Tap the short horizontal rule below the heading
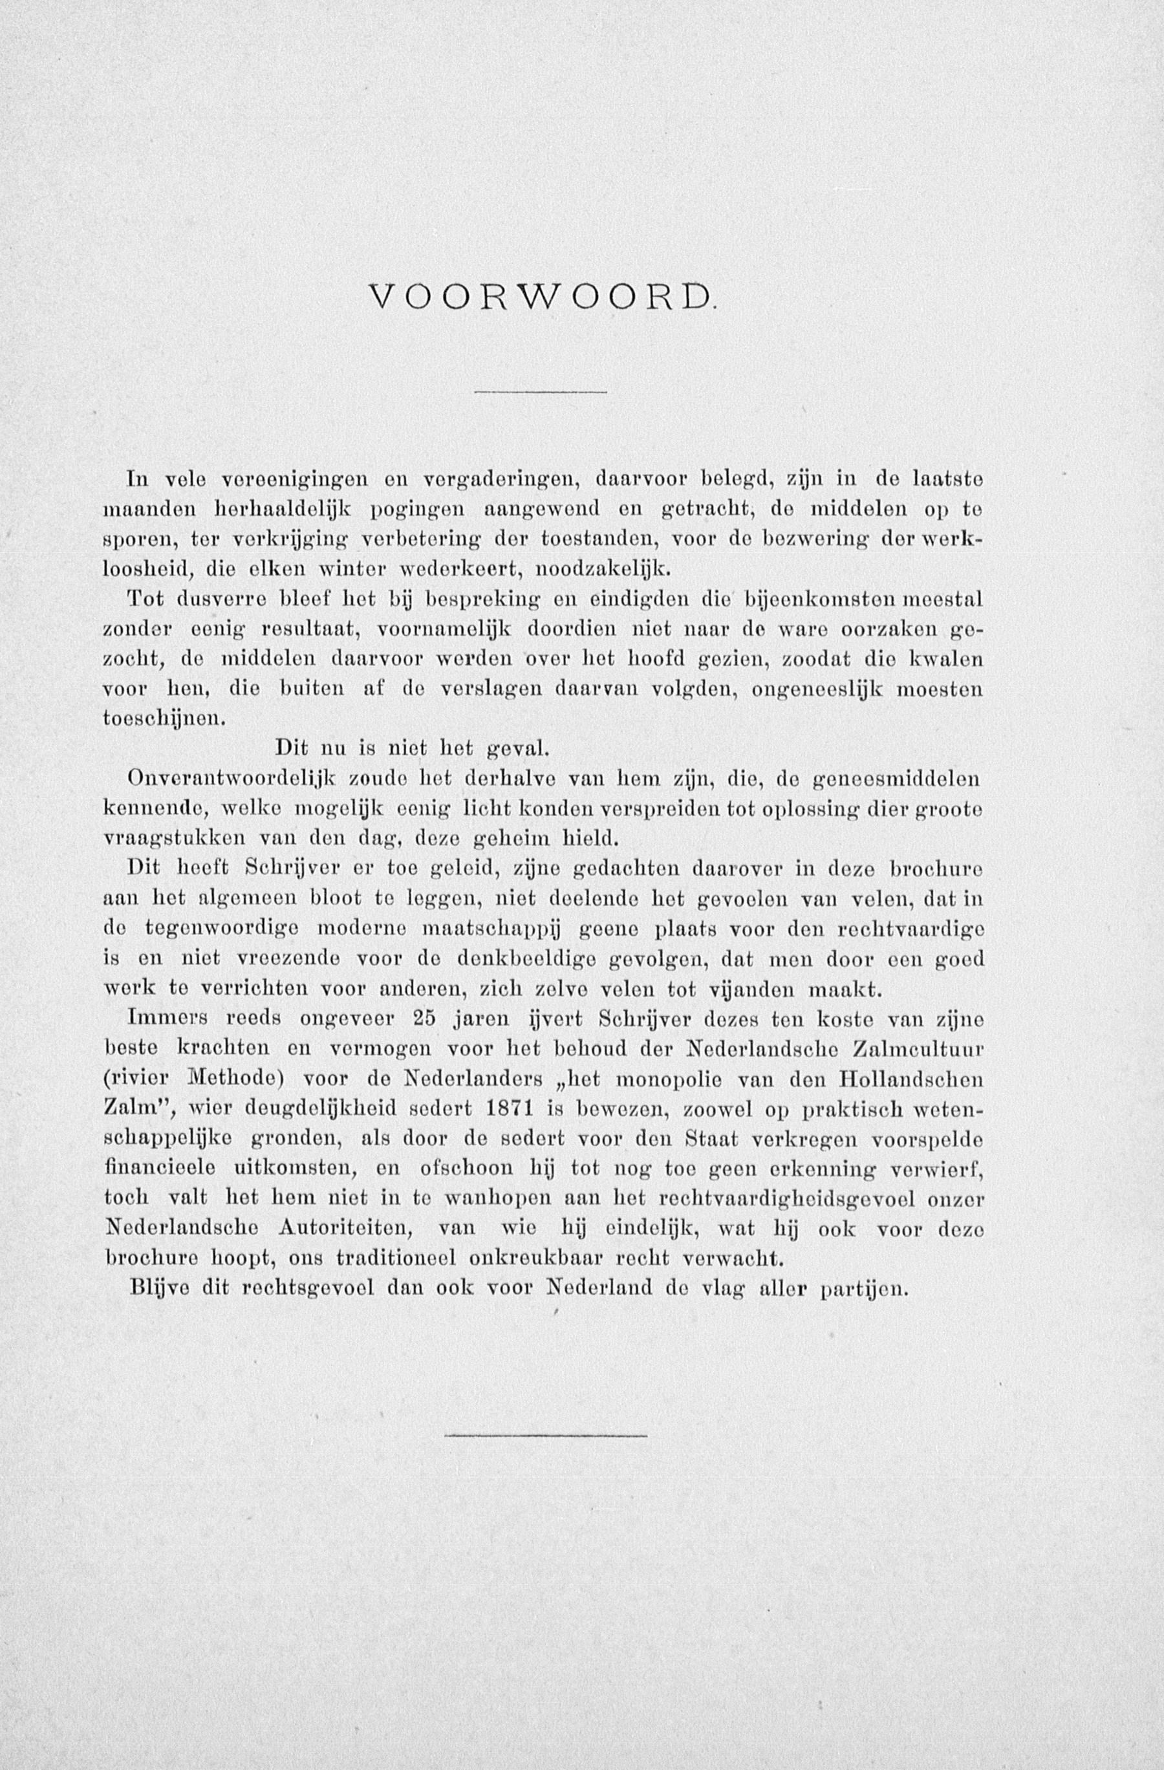[541, 392]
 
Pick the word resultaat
[311, 629]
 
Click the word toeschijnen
[162, 719]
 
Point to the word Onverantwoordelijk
[232, 779]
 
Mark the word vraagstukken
[175, 839]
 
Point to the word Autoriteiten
[347, 1229]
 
